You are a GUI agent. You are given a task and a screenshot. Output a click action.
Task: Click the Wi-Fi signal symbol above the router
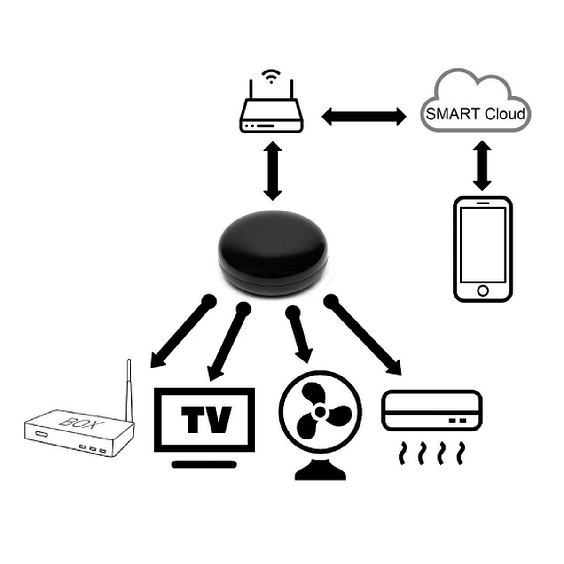click(x=271, y=76)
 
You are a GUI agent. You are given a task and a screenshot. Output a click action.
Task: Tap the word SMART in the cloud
click(x=453, y=114)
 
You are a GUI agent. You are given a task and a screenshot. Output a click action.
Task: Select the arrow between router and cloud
click(x=364, y=117)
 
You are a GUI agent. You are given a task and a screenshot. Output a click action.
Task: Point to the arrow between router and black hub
click(x=273, y=172)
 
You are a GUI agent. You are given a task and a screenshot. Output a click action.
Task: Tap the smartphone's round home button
click(x=483, y=290)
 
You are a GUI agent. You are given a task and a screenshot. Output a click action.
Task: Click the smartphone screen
click(x=483, y=244)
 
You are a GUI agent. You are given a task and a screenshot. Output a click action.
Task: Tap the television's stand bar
click(x=204, y=464)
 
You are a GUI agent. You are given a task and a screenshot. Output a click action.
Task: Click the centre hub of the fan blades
click(x=320, y=412)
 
